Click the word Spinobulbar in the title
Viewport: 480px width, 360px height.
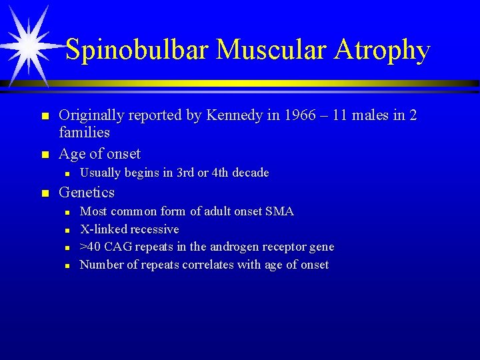[x=137, y=50]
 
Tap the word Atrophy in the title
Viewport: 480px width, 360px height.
[x=383, y=50]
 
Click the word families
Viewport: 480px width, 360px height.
[x=85, y=133]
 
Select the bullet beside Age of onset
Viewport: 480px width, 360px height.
[x=45, y=155]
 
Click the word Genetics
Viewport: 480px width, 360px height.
[x=87, y=193]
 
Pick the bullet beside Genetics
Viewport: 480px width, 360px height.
[x=45, y=193]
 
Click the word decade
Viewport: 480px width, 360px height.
[x=249, y=173]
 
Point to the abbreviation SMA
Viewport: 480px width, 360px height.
[x=279, y=211]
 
